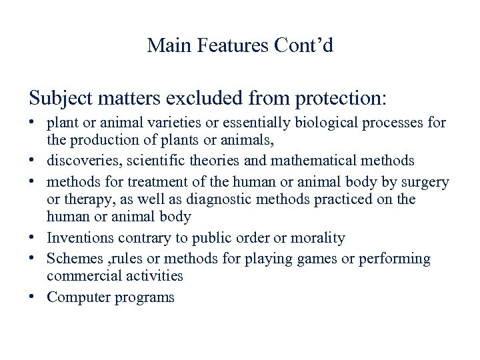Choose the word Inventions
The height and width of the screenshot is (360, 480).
click(x=80, y=237)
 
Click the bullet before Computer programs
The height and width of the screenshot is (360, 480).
click(x=33, y=297)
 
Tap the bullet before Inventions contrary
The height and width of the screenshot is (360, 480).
click(x=33, y=237)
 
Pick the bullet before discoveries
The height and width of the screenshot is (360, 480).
click(x=33, y=161)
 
